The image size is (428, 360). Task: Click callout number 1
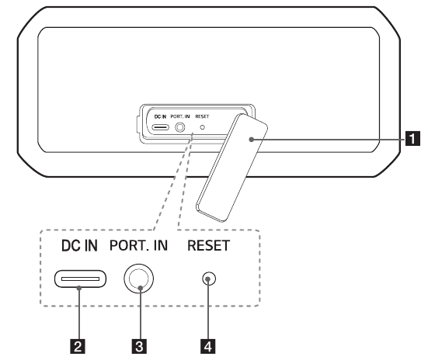(x=412, y=138)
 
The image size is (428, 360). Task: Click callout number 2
(x=78, y=346)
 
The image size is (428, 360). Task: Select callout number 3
(x=139, y=346)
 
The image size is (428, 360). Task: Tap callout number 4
(x=208, y=346)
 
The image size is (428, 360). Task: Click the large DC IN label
(x=79, y=246)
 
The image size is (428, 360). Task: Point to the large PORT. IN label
(x=138, y=245)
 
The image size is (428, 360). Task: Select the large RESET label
(x=208, y=245)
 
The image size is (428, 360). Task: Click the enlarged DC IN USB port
(x=80, y=279)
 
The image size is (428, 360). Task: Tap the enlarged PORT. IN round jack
(x=139, y=279)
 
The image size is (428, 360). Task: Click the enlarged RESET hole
(x=209, y=279)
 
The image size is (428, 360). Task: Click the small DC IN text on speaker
(x=160, y=116)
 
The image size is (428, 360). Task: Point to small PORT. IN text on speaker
(x=180, y=116)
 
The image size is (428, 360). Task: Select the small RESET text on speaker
(x=202, y=116)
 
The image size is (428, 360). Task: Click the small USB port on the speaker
(x=161, y=127)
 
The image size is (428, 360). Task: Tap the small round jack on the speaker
(x=180, y=127)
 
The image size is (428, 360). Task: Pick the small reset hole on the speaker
(x=203, y=127)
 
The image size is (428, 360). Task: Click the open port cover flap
(x=231, y=168)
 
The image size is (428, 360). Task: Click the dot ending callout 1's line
(x=252, y=140)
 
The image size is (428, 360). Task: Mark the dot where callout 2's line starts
(x=79, y=288)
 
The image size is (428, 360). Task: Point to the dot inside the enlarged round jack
(x=141, y=288)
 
